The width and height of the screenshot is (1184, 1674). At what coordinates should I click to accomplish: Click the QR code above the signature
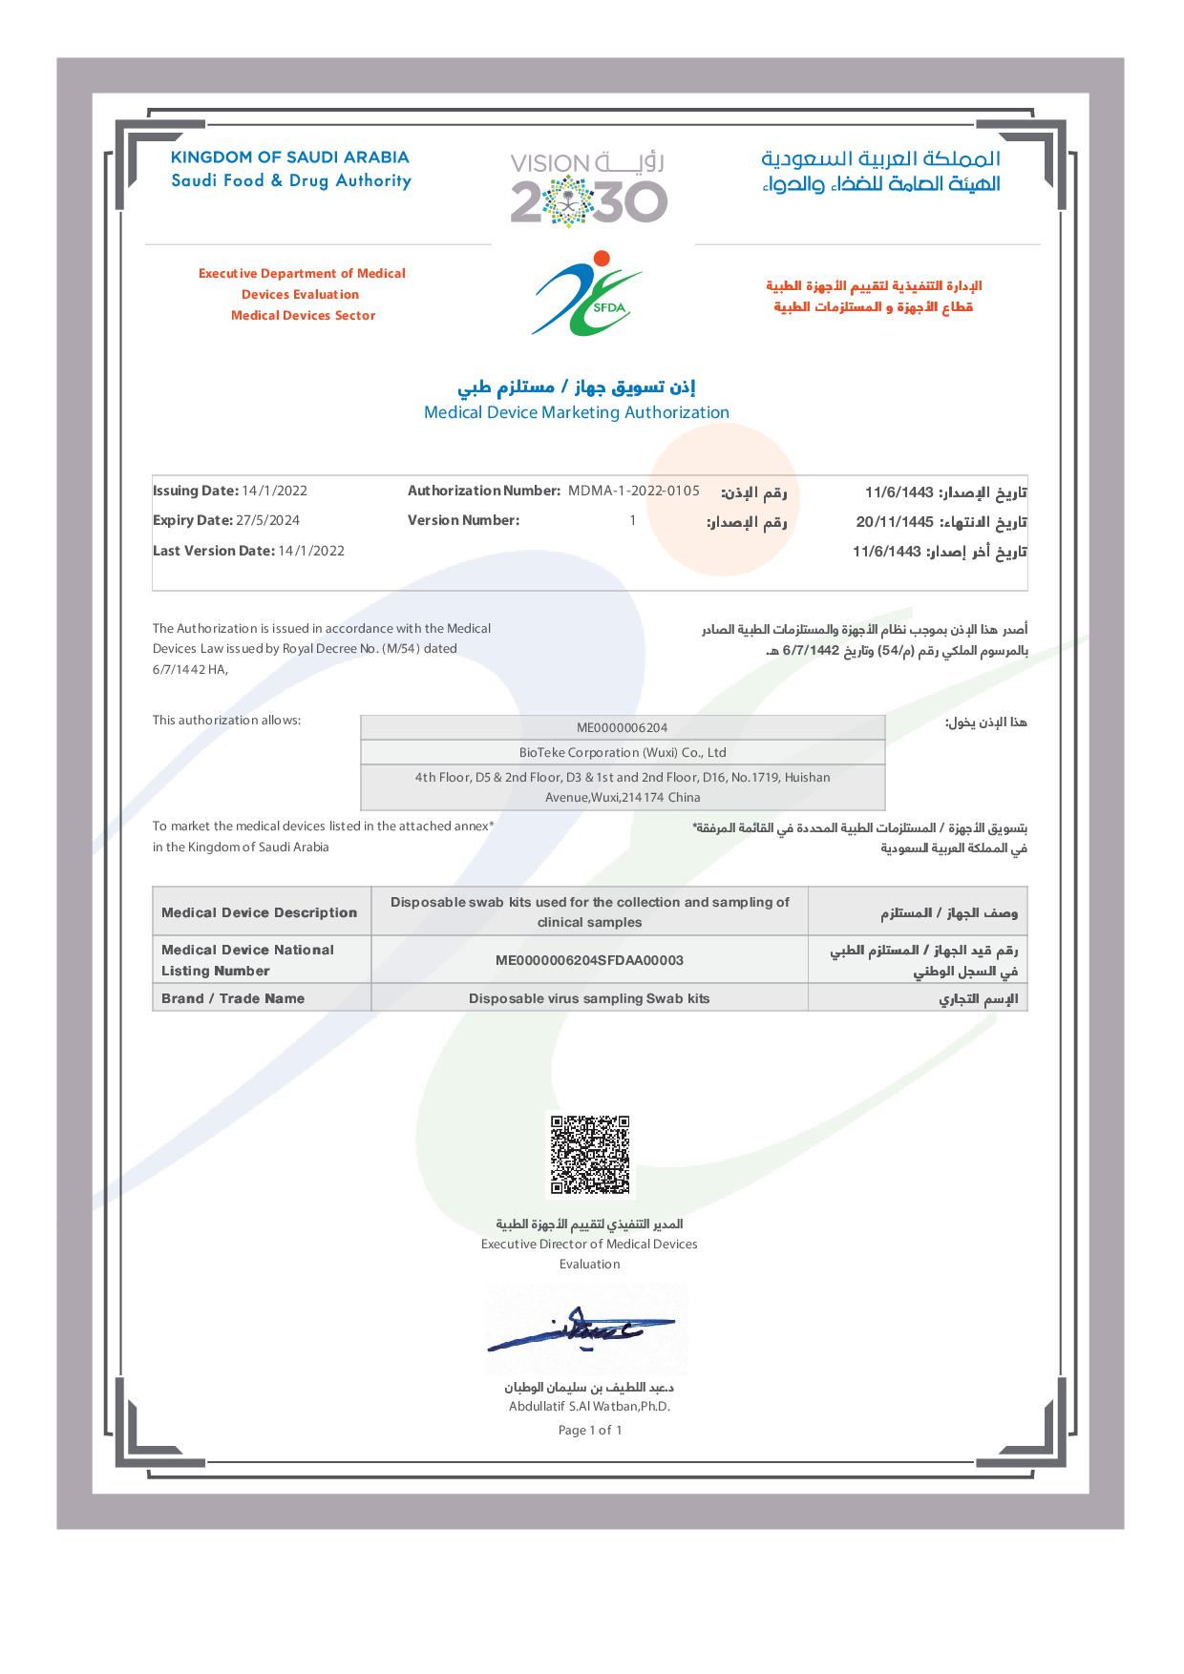tap(589, 1155)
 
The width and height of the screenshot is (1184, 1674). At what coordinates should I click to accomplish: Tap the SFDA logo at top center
tap(587, 293)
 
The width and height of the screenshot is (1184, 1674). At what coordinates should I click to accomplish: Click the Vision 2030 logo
tap(588, 187)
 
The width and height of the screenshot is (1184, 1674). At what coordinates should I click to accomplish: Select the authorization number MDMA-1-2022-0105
tap(633, 491)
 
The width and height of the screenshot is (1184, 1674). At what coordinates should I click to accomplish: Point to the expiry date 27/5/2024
tap(272, 520)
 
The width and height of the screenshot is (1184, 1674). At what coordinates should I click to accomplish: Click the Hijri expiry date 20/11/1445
tap(894, 522)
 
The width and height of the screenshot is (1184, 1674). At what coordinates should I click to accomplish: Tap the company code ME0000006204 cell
tap(623, 727)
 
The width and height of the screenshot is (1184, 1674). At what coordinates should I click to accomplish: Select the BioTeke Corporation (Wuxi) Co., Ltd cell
tap(623, 752)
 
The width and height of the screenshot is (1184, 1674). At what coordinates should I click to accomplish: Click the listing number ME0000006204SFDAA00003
tap(589, 960)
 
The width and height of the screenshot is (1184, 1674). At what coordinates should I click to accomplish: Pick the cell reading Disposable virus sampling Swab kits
tap(589, 998)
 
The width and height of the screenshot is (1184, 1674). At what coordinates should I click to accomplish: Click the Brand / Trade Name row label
tap(233, 998)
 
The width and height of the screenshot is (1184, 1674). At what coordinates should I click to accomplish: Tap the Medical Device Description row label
tap(259, 912)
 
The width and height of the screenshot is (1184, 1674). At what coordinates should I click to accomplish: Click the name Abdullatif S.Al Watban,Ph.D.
tap(589, 1406)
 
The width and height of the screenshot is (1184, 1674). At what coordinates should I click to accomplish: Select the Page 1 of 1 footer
tap(589, 1430)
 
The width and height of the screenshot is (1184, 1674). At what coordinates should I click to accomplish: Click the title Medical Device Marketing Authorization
tap(576, 412)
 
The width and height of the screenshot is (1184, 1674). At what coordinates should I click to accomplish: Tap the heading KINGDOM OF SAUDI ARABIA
tap(289, 157)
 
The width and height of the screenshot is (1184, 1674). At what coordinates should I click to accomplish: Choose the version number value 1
tap(632, 520)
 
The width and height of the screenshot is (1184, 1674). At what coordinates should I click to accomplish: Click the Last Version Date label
tap(213, 551)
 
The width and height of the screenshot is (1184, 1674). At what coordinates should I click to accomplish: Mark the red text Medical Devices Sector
tap(303, 315)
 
